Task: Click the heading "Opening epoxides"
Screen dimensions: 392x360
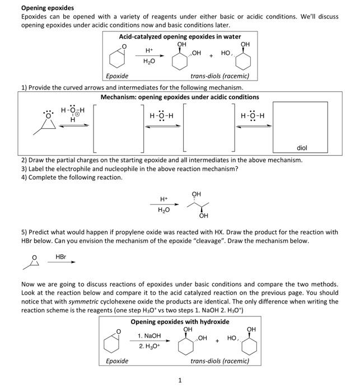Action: point(47,8)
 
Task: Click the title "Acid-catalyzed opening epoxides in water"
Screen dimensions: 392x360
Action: point(180,36)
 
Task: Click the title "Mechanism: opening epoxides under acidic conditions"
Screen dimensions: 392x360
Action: point(180,97)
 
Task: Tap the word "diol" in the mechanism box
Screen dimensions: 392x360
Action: point(302,148)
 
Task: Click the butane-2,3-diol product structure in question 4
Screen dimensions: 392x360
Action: point(195,206)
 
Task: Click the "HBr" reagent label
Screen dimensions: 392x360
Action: point(61,256)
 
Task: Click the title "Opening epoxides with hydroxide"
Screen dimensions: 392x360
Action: point(180,321)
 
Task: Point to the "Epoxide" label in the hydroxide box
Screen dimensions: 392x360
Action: point(117,361)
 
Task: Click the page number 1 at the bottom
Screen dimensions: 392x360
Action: point(180,381)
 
